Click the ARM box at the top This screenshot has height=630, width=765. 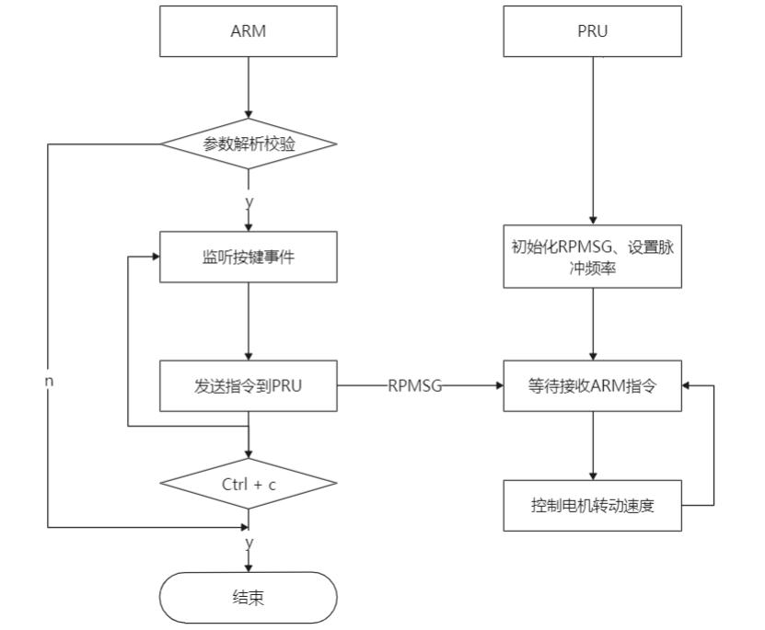click(249, 31)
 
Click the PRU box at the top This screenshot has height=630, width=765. click(593, 31)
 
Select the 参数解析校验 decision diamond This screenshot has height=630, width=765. click(249, 144)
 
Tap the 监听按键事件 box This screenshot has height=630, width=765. click(249, 257)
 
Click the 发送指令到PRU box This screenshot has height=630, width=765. click(249, 385)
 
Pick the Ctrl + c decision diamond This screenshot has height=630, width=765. click(249, 483)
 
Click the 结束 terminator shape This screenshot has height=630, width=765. click(249, 597)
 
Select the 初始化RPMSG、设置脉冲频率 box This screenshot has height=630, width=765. click(593, 257)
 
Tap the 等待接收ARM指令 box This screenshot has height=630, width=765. click(593, 385)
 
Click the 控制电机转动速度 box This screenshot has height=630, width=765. click(593, 505)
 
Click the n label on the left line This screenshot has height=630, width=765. click(48, 380)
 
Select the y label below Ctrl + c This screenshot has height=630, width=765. click(249, 543)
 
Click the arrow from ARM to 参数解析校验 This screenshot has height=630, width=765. click(249, 92)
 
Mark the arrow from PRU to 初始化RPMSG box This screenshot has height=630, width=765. click(593, 138)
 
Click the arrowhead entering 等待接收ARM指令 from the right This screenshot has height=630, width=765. click(689, 386)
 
